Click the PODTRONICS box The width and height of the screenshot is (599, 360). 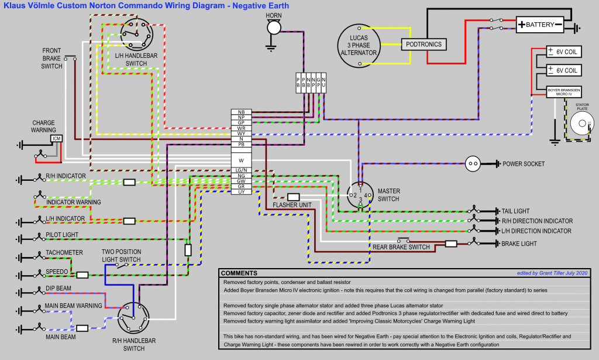point(423,44)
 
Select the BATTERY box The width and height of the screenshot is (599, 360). point(540,25)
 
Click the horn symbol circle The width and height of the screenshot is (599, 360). point(273,27)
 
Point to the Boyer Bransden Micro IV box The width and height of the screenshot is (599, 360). point(564,92)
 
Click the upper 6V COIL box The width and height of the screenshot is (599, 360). point(564,52)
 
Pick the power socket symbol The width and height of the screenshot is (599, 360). point(473,164)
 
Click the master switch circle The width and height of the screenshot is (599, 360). point(360,195)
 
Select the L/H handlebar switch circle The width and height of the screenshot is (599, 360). point(136,32)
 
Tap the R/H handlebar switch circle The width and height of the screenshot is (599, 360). point(132,320)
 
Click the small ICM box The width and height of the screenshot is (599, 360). point(56,138)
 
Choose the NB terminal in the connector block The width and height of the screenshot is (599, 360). point(241,112)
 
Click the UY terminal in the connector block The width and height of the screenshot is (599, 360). point(241,192)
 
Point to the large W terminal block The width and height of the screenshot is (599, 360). point(241,159)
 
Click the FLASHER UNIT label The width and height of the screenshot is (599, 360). point(291,205)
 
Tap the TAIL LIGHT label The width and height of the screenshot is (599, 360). point(515,211)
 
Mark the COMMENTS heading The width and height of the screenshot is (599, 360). point(239,273)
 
